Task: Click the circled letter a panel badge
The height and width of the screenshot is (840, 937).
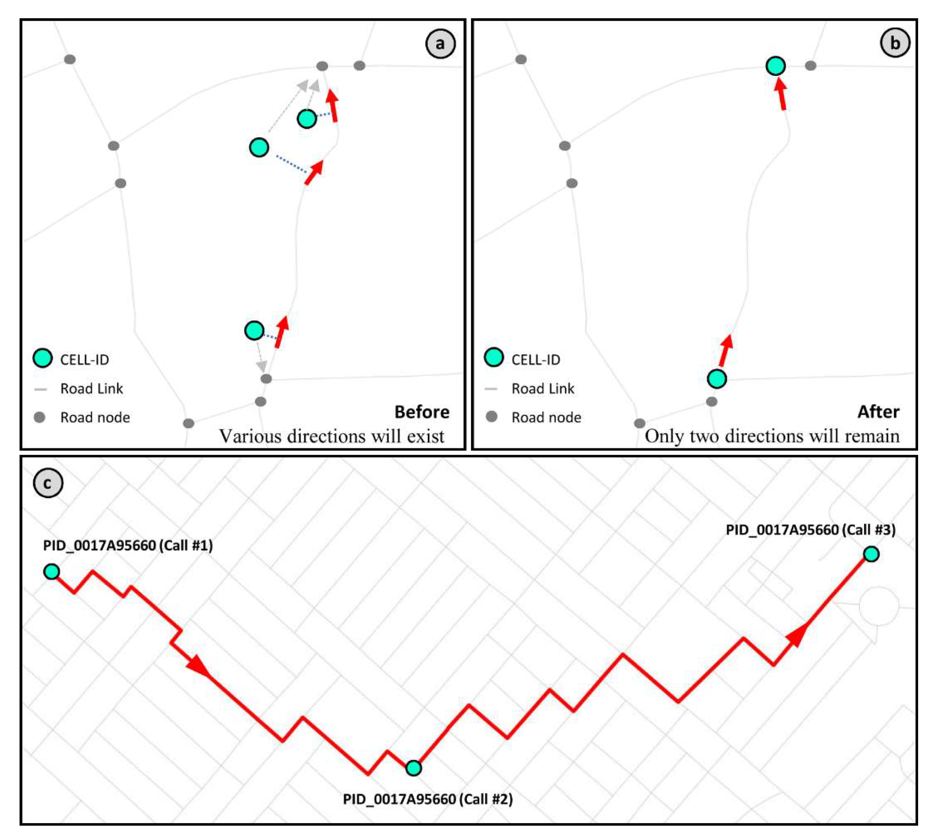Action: [440, 44]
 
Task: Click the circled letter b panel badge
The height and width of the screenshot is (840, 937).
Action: [895, 43]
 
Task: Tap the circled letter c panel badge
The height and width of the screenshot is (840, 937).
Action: [48, 483]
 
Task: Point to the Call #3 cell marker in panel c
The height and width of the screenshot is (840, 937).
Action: [871, 554]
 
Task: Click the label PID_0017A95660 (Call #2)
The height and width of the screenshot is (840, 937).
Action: [427, 799]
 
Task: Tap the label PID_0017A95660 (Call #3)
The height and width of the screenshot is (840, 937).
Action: [810, 530]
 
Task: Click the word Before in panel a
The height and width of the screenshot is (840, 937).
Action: [422, 412]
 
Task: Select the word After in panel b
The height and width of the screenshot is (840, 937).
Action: [878, 412]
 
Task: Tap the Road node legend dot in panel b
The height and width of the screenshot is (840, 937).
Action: [492, 417]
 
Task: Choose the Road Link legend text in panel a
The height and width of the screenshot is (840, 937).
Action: [91, 389]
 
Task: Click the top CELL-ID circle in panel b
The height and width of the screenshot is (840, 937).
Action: [776, 66]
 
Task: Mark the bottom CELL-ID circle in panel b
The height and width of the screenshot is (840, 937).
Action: [717, 379]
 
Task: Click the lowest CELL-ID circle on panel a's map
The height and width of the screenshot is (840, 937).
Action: [254, 330]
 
